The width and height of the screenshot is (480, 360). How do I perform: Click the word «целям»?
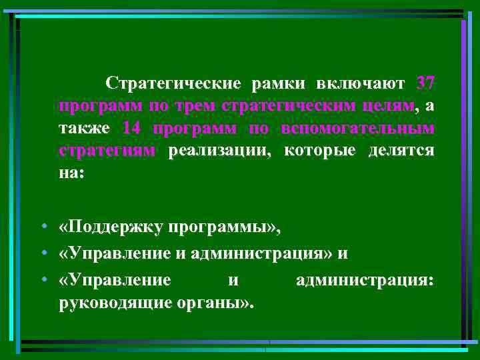[389, 106]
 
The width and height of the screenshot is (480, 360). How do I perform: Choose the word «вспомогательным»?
[357, 127]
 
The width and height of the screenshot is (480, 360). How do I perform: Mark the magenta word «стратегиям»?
[107, 149]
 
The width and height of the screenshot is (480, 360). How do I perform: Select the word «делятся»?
[401, 149]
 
